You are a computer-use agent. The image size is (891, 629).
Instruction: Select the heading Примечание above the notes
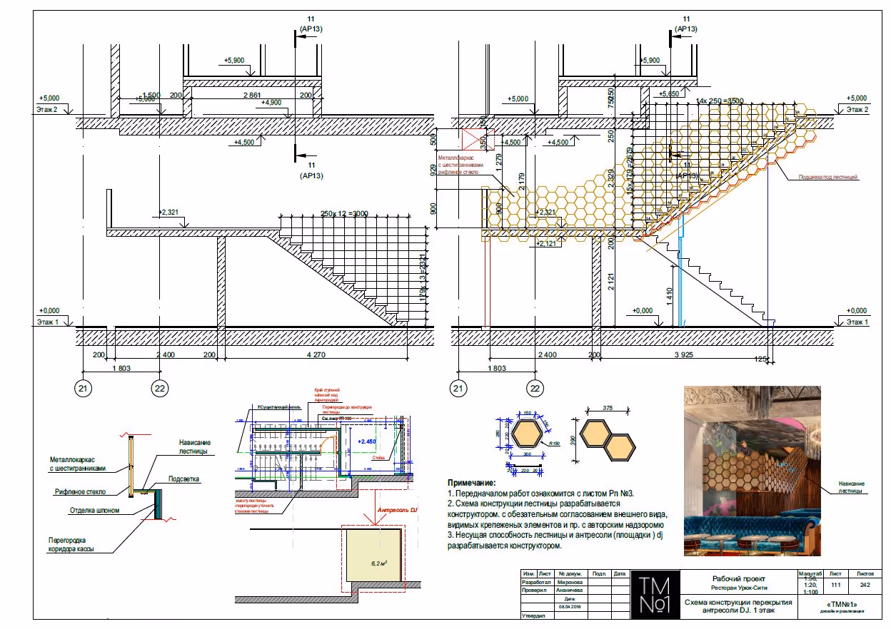click(x=471, y=483)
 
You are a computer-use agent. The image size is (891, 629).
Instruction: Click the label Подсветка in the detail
click(x=183, y=479)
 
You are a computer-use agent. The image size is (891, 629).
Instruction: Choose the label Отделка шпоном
click(x=94, y=511)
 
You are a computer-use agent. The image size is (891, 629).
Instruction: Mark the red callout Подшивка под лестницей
click(x=828, y=176)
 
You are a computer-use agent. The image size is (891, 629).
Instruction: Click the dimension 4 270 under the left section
click(x=314, y=354)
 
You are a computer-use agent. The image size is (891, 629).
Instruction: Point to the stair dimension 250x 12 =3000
click(x=343, y=214)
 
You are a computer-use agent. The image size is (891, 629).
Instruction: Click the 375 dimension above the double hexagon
click(x=607, y=409)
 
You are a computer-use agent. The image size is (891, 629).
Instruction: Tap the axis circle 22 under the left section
click(x=160, y=389)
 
